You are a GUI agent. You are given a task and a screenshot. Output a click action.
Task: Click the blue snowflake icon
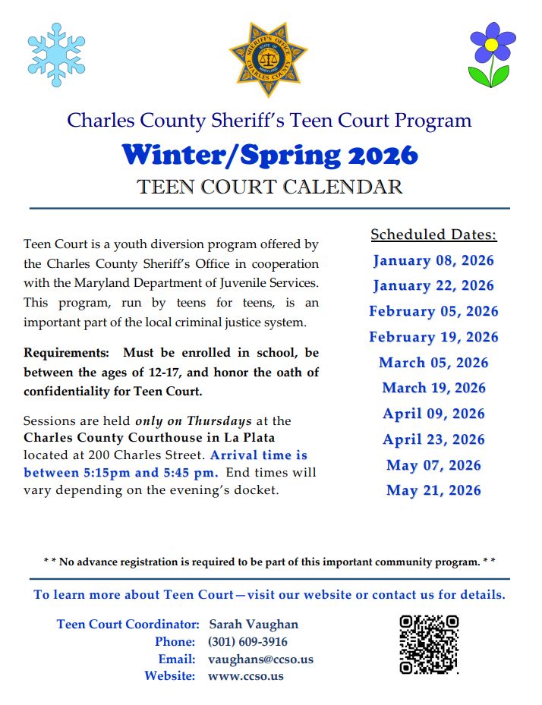point(56,54)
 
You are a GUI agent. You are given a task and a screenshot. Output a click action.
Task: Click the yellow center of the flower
point(491,45)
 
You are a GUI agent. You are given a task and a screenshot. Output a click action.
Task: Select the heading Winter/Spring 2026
point(269,154)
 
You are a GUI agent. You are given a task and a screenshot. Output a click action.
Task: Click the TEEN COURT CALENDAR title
point(269,187)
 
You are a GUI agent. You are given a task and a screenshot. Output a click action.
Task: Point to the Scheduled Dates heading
point(433,234)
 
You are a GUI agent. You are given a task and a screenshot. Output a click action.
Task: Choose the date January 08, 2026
point(433,260)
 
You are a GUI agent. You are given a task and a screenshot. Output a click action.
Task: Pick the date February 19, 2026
point(433,337)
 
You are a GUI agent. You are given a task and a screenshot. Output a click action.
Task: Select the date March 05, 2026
point(433,363)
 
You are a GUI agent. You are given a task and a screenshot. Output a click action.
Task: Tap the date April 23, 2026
point(433,439)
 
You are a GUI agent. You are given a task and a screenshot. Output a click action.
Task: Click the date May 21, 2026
point(433,490)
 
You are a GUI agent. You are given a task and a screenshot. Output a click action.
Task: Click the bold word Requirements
point(67,353)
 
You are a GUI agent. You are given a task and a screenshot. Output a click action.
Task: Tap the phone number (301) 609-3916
point(247,641)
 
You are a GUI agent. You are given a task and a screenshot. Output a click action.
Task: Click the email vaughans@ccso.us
point(260,659)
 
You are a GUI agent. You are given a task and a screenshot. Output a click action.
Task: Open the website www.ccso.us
point(245,675)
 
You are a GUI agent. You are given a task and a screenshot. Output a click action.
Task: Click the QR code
point(429,644)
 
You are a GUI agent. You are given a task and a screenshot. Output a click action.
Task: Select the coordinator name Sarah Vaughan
point(253,624)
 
